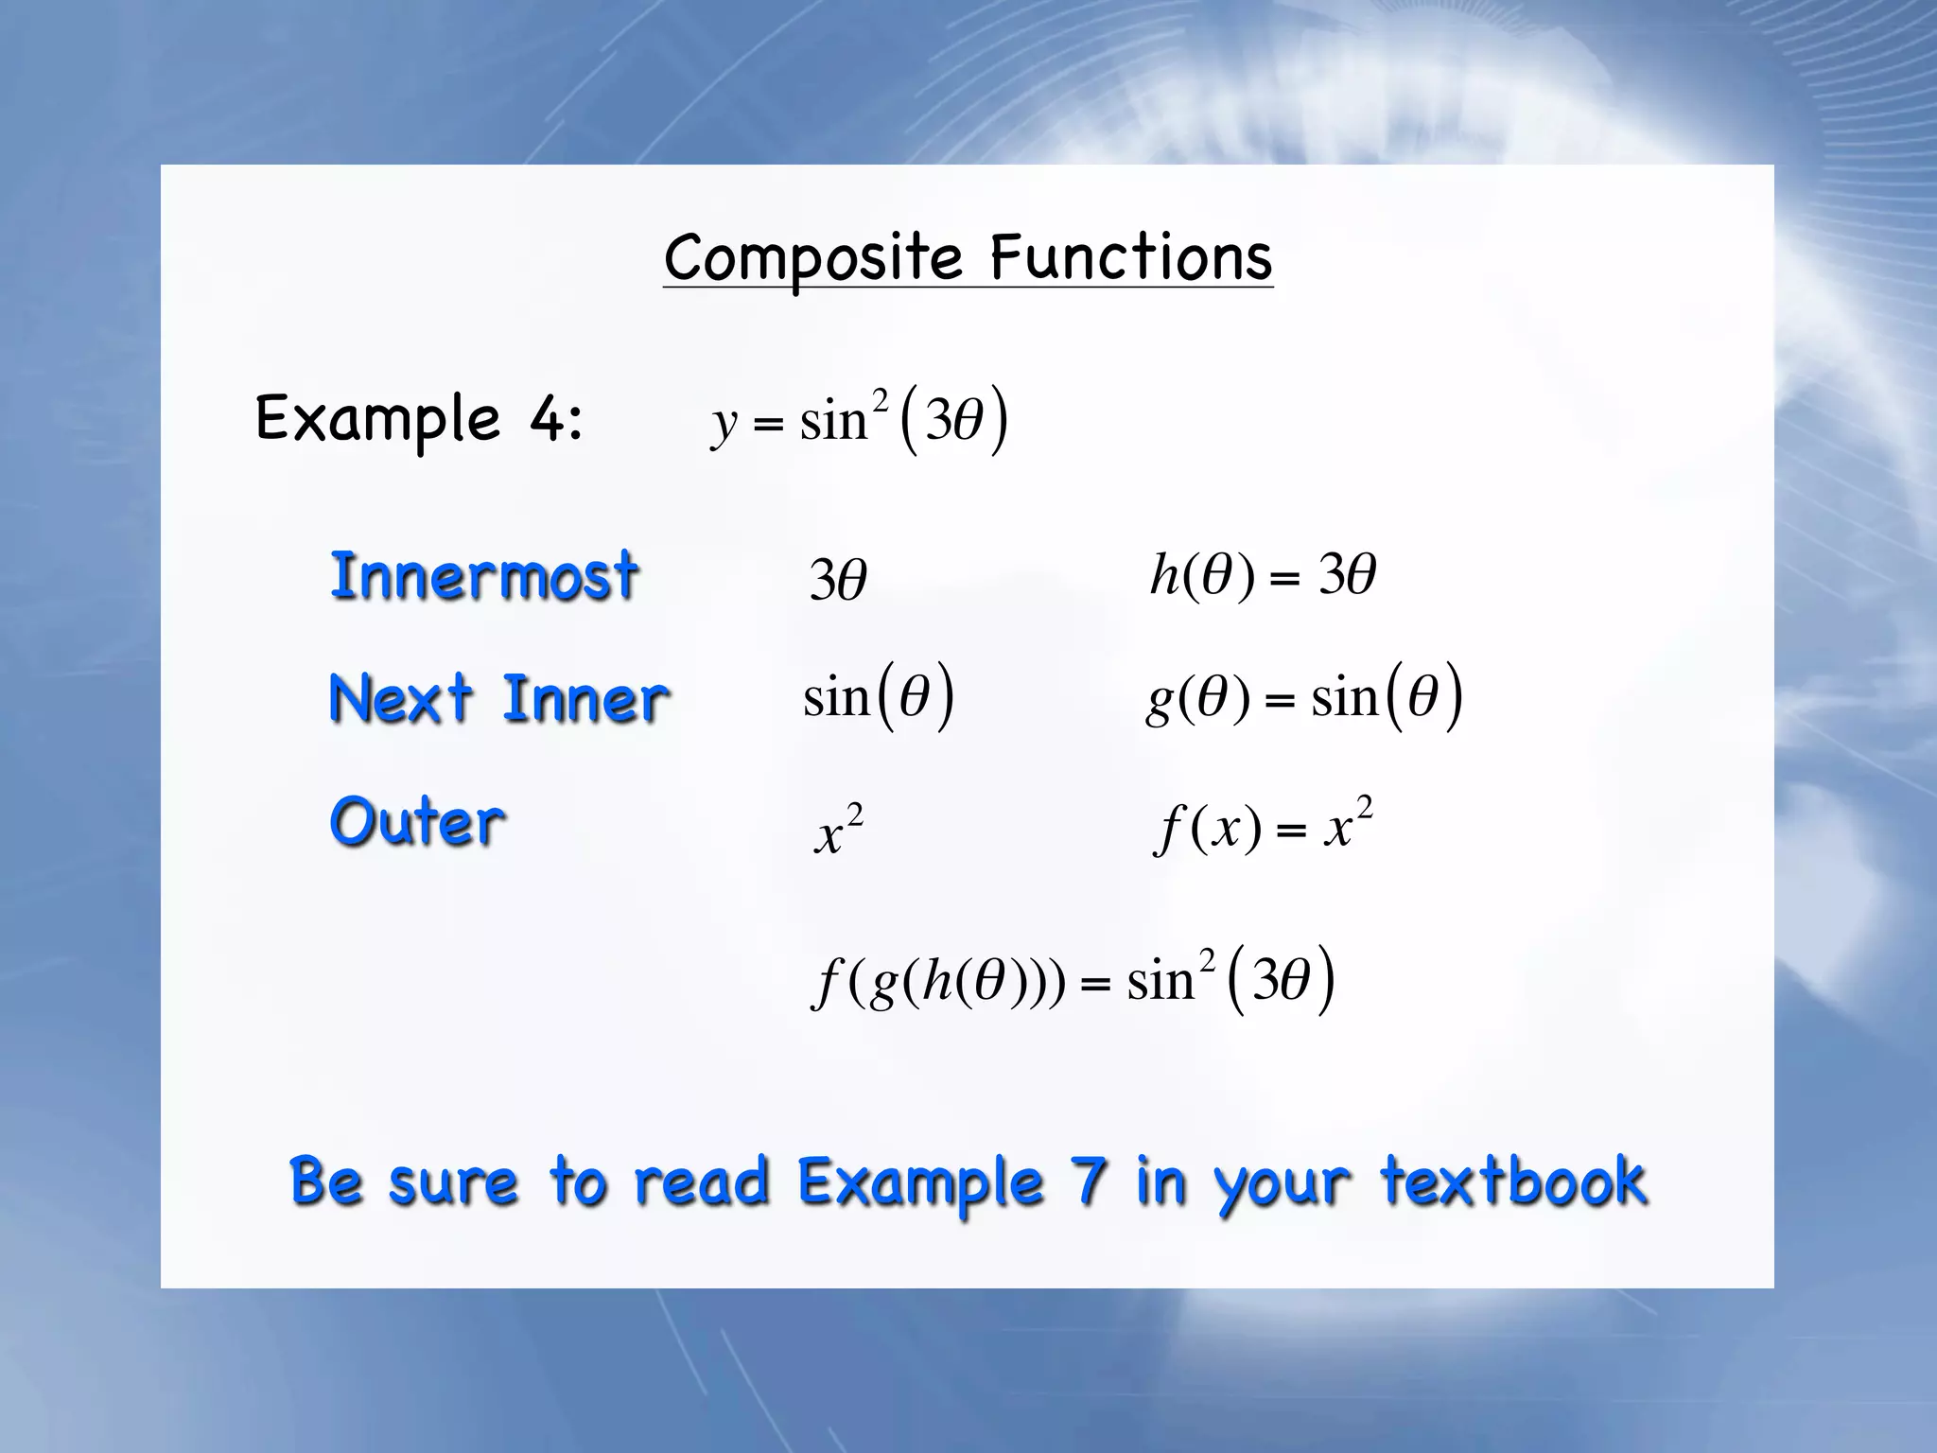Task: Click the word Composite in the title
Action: click(x=813, y=258)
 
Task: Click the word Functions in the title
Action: click(x=1131, y=258)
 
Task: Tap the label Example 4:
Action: click(x=419, y=419)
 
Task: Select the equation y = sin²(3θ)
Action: click(x=860, y=419)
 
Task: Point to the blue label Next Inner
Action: click(x=498, y=699)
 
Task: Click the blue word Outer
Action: click(x=417, y=821)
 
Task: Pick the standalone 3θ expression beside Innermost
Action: click(x=838, y=579)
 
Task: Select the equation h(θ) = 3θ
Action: click(x=1263, y=575)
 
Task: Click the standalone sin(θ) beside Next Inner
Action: click(x=879, y=698)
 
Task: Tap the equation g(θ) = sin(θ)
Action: click(x=1304, y=698)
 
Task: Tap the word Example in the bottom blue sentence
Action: click(x=920, y=1182)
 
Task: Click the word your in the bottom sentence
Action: click(x=1283, y=1184)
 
